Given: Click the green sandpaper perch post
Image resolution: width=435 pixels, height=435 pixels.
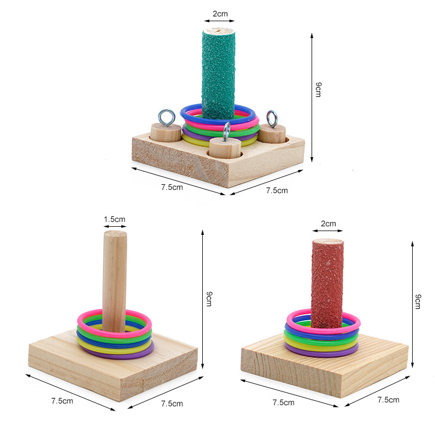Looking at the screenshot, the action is [219, 73].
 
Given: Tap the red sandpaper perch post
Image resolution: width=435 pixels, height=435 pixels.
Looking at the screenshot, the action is [327, 283].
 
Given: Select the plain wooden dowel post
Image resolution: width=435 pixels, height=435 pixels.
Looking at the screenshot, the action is [115, 280].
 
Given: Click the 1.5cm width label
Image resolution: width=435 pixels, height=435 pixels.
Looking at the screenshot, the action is [115, 219].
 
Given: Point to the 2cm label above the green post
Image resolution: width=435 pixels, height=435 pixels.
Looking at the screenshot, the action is [220, 14].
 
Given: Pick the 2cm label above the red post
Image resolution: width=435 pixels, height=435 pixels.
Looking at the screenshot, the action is [328, 223].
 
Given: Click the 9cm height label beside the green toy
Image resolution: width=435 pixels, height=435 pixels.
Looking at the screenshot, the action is [319, 89].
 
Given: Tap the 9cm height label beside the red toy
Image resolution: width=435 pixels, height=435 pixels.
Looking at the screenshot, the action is [418, 302].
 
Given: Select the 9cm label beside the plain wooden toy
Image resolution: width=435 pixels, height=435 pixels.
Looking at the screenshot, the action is [209, 299].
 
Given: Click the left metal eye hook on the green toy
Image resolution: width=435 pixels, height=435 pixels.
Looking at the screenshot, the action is [166, 117].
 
